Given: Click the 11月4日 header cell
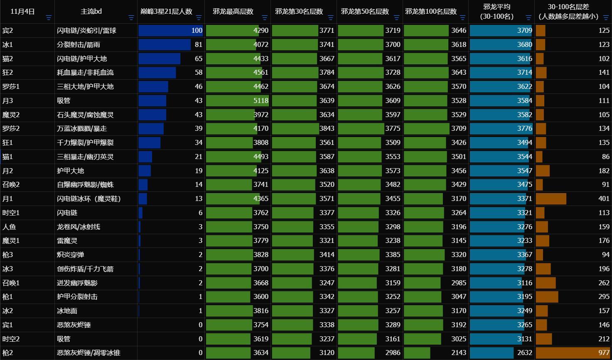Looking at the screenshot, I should coord(22,12).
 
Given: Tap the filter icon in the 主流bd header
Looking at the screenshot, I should coord(131,17).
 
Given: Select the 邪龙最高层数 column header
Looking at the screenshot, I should coord(233,12).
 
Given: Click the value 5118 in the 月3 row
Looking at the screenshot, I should coord(261,100).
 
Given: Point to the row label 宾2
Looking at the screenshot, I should coord(8,30).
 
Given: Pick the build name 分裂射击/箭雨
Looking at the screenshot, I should coord(79,44).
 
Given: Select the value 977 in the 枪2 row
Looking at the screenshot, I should coord(604,353).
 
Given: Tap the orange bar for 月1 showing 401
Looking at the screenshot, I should coord(551,198).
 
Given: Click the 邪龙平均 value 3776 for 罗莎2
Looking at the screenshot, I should coord(524,128).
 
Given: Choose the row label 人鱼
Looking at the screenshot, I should coord(9,227).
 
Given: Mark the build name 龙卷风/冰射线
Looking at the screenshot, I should coord(79,227).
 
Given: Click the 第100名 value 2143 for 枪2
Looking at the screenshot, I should coord(459,353).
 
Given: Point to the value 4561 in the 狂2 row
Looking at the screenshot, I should coord(261,72).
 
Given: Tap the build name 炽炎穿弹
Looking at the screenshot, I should coord(71,255).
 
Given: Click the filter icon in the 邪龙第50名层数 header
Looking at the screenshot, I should coord(396,17).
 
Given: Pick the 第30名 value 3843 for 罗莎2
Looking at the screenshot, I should coord(327,128).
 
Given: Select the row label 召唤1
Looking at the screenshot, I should coord(11,283).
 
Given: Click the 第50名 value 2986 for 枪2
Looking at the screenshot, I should coord(393,353).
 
